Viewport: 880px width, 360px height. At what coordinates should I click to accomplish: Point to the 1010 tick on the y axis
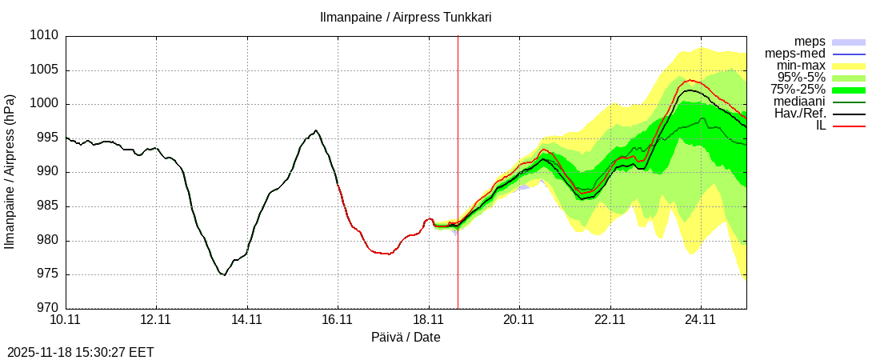45,36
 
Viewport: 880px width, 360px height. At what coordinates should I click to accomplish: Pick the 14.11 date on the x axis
247,320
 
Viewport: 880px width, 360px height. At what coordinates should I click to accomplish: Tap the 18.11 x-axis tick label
429,320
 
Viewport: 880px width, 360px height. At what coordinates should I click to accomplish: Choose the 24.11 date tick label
701,320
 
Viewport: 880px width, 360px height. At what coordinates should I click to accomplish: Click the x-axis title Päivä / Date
406,337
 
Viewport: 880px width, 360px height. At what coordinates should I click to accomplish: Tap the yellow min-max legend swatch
849,66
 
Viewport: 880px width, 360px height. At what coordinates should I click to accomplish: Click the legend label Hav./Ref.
800,114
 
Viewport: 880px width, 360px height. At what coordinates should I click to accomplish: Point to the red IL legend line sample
849,126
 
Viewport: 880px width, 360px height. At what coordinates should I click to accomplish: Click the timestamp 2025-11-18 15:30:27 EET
81,352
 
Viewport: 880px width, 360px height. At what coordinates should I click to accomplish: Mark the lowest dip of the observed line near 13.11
224,275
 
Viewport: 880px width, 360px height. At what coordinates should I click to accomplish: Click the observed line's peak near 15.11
316,130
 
